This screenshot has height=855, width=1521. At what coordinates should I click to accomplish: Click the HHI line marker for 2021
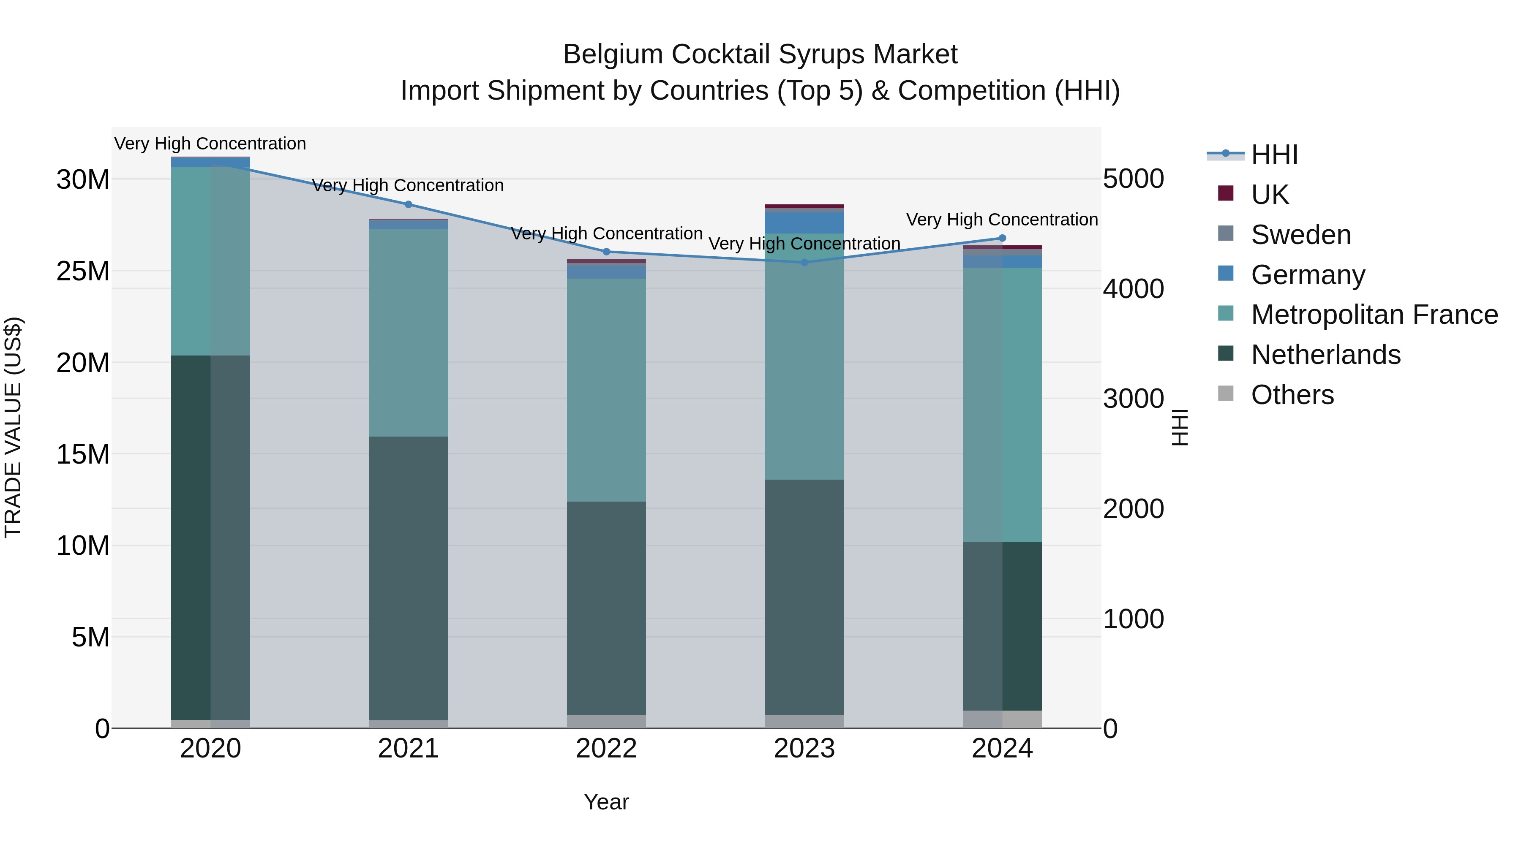click(x=408, y=205)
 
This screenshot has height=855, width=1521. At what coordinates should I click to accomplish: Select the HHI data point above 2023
click(x=804, y=263)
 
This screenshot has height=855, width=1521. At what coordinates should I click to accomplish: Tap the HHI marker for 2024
click(x=1002, y=239)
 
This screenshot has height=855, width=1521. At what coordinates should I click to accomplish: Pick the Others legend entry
click(x=1292, y=395)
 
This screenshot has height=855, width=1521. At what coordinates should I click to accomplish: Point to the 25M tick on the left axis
click(x=83, y=271)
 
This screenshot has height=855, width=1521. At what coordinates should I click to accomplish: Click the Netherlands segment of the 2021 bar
click(x=408, y=578)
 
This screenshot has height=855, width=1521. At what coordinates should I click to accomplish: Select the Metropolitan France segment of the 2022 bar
click(x=606, y=389)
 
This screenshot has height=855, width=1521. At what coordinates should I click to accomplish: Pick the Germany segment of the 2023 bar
click(x=804, y=223)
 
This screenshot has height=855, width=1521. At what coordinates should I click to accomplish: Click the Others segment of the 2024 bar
click(x=1002, y=719)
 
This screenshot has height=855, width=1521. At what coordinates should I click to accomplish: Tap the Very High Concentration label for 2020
click(x=210, y=144)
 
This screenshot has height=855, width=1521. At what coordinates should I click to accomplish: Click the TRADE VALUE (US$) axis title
click(x=13, y=427)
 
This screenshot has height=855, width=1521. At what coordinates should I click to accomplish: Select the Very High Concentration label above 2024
click(x=1002, y=220)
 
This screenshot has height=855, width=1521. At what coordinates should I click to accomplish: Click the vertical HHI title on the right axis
click(x=1180, y=427)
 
